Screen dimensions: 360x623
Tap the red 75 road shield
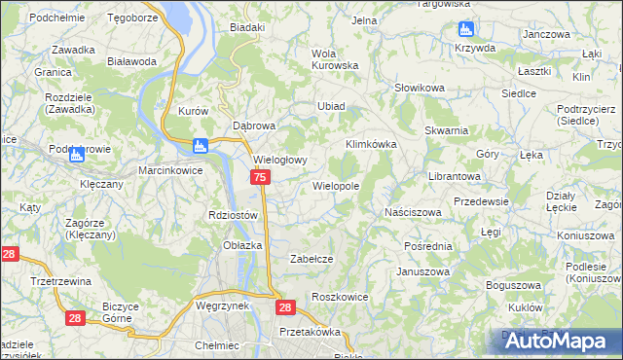click(x=260, y=177)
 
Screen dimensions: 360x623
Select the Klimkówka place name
click(x=371, y=144)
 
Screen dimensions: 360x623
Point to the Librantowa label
click(x=455, y=177)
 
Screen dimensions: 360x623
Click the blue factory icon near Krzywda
click(x=464, y=29)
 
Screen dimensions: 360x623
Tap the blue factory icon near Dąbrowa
click(x=201, y=146)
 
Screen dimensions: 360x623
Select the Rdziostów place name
click(x=233, y=215)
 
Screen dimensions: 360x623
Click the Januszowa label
click(x=421, y=271)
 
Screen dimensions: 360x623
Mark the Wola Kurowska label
click(x=334, y=59)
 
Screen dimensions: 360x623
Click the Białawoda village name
click(x=132, y=60)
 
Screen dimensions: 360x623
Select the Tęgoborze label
click(x=133, y=18)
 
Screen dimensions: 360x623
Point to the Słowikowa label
click(x=419, y=89)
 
